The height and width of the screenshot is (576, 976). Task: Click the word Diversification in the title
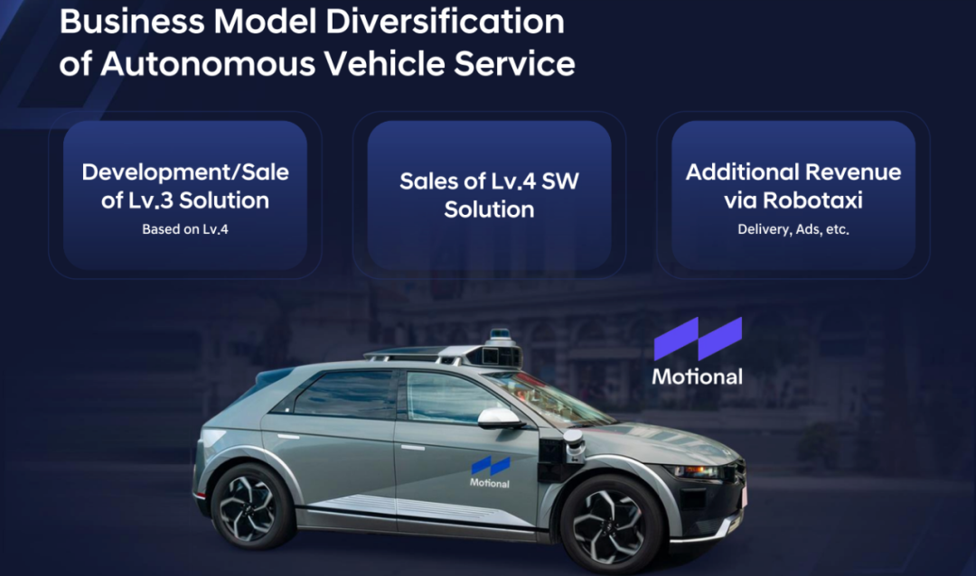click(x=445, y=21)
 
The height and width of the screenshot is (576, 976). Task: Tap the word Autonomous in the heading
click(x=208, y=63)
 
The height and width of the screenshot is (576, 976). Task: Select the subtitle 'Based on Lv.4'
click(x=185, y=229)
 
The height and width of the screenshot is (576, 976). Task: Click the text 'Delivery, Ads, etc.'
click(x=793, y=229)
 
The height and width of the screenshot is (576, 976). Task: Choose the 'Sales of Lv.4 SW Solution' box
click(x=489, y=195)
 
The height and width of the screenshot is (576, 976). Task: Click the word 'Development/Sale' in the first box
click(x=185, y=172)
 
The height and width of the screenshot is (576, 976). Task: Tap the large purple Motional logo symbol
click(x=698, y=339)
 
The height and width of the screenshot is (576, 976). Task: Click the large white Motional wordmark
click(x=697, y=376)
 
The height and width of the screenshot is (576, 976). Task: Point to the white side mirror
click(x=499, y=419)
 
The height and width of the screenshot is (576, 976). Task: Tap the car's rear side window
click(x=343, y=392)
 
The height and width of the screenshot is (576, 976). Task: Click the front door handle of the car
click(x=412, y=447)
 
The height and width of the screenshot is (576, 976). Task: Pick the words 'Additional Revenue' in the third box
click(x=793, y=172)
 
